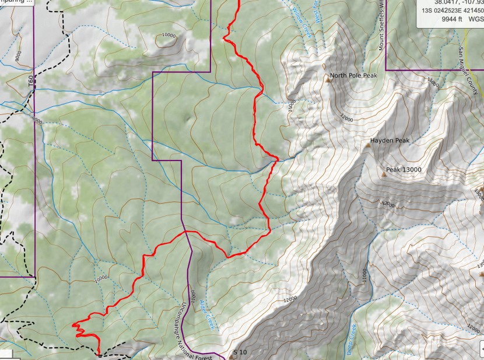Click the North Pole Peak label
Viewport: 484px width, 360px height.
pos(354,76)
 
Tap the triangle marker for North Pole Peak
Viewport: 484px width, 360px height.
pos(327,81)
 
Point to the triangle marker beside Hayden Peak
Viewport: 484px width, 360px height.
pos(369,145)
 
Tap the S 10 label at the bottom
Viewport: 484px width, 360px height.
pos(240,352)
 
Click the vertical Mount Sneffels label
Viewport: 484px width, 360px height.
pos(382,26)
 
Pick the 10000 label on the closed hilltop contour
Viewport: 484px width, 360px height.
pos(168,35)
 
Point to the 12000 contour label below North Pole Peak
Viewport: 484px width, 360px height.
pos(348,118)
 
